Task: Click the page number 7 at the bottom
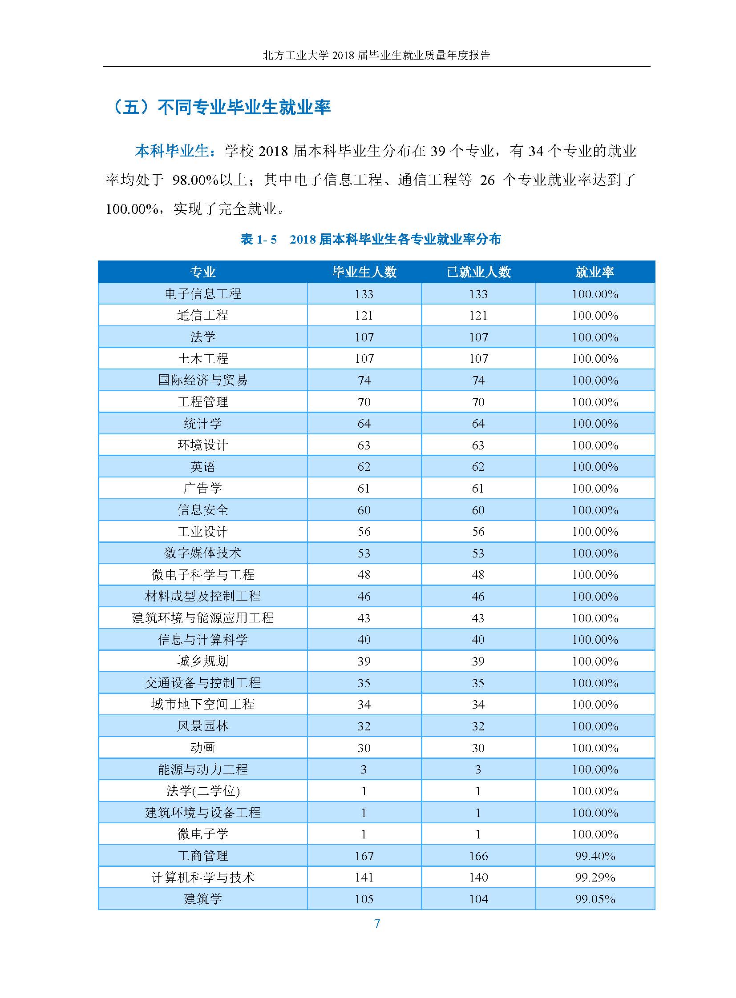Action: [x=377, y=923]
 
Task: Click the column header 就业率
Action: [x=595, y=272]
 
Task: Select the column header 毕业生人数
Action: [x=364, y=272]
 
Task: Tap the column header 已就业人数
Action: [x=478, y=272]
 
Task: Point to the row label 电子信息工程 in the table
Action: [x=203, y=294]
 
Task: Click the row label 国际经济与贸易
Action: [x=203, y=380]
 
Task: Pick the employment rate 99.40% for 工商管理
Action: [x=595, y=856]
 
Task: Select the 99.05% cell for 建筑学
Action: [x=595, y=899]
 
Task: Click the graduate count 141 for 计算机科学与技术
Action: [x=364, y=877]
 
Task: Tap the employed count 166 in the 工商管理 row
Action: [x=478, y=856]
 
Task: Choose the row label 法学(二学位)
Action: [x=203, y=790]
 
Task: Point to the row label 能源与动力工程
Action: [x=203, y=769]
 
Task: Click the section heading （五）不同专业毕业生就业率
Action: [x=222, y=107]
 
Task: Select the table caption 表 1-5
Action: [x=259, y=240]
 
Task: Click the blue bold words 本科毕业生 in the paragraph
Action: [x=172, y=151]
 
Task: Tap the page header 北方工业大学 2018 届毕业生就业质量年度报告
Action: [x=376, y=55]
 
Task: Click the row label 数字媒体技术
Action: [x=203, y=553]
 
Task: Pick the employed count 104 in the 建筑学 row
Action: [x=478, y=899]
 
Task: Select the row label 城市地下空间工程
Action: [x=203, y=704]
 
